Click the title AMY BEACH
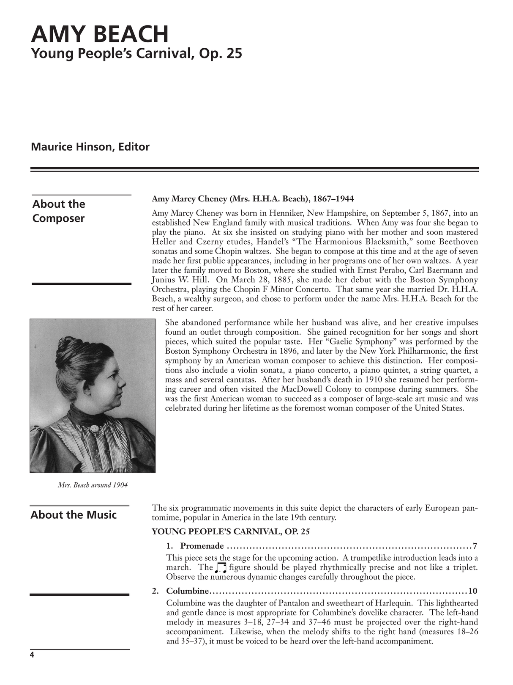[x=100, y=35]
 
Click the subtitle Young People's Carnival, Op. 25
[x=136, y=54]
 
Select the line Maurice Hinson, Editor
[x=90, y=147]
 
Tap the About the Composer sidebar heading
[x=59, y=211]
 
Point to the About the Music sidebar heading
[x=74, y=515]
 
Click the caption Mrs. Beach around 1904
[x=93, y=485]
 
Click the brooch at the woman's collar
[x=94, y=428]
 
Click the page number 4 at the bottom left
[x=32, y=655]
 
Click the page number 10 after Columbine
[x=473, y=591]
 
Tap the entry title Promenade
[x=202, y=546]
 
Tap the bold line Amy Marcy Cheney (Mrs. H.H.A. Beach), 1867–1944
[x=253, y=199]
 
